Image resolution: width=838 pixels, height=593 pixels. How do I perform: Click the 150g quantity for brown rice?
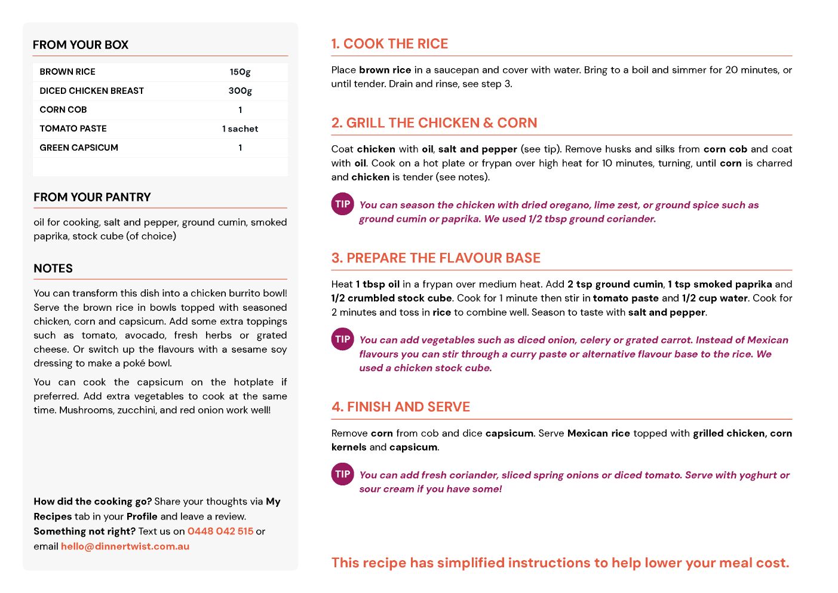pyautogui.click(x=240, y=72)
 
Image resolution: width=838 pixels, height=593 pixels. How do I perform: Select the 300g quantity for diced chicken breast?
pyautogui.click(x=240, y=91)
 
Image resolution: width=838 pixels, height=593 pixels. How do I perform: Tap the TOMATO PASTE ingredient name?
pyautogui.click(x=73, y=129)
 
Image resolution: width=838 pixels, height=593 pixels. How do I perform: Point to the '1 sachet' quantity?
pyautogui.click(x=240, y=129)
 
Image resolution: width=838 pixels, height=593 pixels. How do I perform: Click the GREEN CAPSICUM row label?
pyautogui.click(x=79, y=148)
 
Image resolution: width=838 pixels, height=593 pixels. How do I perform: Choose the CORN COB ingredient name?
pyautogui.click(x=63, y=110)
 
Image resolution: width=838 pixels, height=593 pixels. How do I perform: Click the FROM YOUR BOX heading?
pyautogui.click(x=81, y=45)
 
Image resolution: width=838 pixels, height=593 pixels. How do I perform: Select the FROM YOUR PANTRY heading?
pyautogui.click(x=92, y=197)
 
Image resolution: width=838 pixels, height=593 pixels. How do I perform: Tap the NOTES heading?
pyautogui.click(x=53, y=268)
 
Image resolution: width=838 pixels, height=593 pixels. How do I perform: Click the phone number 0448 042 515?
pyautogui.click(x=220, y=531)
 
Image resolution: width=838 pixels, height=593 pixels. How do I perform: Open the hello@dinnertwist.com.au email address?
pyautogui.click(x=125, y=546)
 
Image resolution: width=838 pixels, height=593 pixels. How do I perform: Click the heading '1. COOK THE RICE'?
pyautogui.click(x=389, y=44)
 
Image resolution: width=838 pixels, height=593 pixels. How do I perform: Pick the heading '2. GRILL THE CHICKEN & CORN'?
pyautogui.click(x=434, y=123)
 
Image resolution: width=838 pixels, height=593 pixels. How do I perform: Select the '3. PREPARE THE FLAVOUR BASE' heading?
pyautogui.click(x=436, y=258)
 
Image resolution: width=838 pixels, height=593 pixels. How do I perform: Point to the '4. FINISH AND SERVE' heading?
pyautogui.click(x=401, y=407)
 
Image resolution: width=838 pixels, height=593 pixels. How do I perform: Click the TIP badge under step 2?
pyautogui.click(x=343, y=204)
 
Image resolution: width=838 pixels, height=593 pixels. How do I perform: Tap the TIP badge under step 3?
pyautogui.click(x=343, y=339)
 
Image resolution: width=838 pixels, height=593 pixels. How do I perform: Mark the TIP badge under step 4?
pyautogui.click(x=343, y=474)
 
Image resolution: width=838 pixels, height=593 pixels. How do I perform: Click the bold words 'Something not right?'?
pyautogui.click(x=84, y=531)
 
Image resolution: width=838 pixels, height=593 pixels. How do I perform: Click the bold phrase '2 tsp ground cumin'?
pyautogui.click(x=615, y=285)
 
